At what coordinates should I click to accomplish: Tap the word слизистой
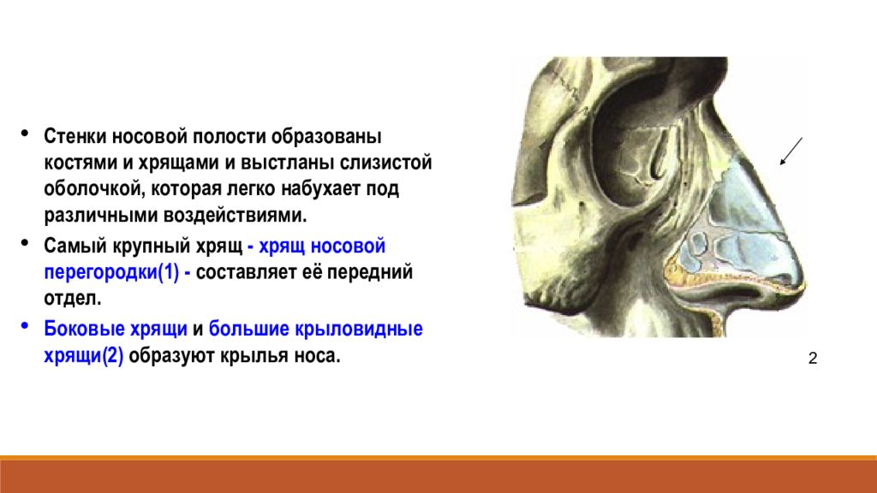click(386, 163)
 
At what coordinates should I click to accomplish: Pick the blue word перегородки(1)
click(112, 272)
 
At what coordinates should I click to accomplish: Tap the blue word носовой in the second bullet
click(348, 246)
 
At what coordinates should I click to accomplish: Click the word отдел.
click(73, 298)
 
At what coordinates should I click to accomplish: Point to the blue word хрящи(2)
click(84, 355)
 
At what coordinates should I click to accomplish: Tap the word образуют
click(171, 355)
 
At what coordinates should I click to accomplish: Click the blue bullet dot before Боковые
click(24, 325)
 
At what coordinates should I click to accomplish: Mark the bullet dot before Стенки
click(24, 133)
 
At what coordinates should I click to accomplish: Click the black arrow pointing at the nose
click(791, 151)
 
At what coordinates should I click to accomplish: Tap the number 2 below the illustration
click(813, 359)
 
